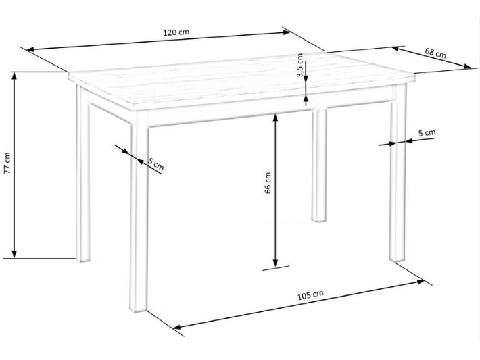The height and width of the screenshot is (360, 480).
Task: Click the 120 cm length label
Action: pos(176,32)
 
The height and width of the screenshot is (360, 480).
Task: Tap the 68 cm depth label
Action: pos(435,53)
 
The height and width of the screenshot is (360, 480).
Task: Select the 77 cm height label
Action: pos(7,163)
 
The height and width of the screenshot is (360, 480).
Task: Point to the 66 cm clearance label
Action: pos(268,183)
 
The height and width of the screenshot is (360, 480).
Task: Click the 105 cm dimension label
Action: pos(310,295)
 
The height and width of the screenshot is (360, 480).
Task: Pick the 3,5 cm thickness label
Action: pos(300,65)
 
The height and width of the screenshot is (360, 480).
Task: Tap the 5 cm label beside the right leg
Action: pos(427,133)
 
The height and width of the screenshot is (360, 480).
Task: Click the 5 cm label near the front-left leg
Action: pos(156,164)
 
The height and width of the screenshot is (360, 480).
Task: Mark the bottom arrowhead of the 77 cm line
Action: pos(14,254)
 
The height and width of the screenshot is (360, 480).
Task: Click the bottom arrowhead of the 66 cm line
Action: pos(276,263)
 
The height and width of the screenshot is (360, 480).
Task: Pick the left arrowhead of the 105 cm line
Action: pos(178,327)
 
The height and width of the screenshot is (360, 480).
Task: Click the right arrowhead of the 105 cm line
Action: pos(420,282)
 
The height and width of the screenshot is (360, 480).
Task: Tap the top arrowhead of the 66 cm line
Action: pos(276,118)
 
